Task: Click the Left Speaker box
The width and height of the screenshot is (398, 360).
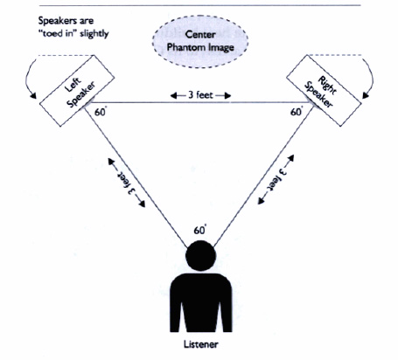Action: [x=77, y=91]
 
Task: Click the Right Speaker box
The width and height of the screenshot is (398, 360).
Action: [x=324, y=91]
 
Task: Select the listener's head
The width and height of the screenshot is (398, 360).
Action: [x=200, y=255]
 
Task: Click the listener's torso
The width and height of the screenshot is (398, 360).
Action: [x=201, y=302]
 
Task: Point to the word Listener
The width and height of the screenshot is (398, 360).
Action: [x=201, y=344]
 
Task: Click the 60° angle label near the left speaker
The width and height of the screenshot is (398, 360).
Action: [x=101, y=112]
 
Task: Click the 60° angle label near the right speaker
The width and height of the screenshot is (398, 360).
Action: [x=297, y=112]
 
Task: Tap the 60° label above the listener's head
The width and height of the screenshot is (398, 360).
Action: [x=200, y=230]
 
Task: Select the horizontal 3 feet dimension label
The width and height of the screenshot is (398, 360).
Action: [x=200, y=95]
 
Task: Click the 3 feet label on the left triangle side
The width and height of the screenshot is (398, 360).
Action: [x=127, y=183]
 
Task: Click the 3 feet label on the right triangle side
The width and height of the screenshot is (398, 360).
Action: [x=276, y=179]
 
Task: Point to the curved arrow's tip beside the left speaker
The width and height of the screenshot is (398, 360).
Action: [x=36, y=99]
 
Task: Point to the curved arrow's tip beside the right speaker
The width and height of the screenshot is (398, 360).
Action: [x=364, y=99]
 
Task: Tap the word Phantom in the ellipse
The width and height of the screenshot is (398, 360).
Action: [x=184, y=47]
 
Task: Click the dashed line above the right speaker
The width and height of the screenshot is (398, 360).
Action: [x=335, y=55]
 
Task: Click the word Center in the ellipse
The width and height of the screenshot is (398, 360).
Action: [x=200, y=34]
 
